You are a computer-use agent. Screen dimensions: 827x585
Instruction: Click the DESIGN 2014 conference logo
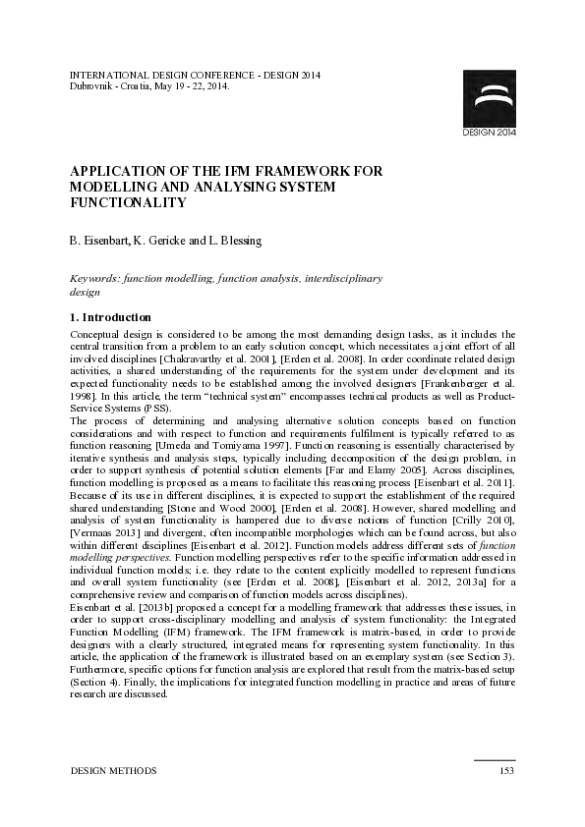pos(488,102)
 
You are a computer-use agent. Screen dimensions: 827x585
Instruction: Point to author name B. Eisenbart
pos(100,240)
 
